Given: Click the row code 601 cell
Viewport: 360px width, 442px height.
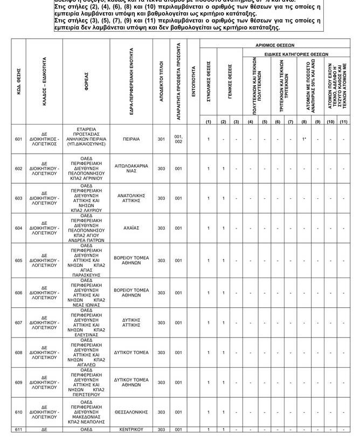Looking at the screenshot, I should click(x=18, y=139).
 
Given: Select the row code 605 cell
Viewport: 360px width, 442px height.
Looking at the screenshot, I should click(x=18, y=260).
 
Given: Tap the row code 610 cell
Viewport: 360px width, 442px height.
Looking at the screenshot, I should click(x=18, y=412).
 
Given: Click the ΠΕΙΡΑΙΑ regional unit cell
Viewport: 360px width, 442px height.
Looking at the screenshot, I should click(x=131, y=139).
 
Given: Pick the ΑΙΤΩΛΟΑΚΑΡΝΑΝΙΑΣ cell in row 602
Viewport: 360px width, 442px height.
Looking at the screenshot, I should click(x=131, y=169).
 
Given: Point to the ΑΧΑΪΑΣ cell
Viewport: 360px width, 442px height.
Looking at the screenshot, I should click(x=131, y=228).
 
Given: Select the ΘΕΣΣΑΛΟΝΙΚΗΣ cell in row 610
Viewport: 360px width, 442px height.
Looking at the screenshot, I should click(x=131, y=412).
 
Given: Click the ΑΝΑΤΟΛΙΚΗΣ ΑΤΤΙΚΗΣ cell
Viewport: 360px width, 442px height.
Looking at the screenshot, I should click(x=131, y=198).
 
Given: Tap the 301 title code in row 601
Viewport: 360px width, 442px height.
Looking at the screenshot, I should click(x=161, y=139).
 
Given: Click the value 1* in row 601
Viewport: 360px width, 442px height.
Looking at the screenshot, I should click(x=304, y=139).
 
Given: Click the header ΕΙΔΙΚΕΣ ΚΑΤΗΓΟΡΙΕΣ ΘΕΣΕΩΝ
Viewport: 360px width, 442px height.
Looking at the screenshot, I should click(x=296, y=54).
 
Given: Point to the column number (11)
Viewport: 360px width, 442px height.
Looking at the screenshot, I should click(x=343, y=122).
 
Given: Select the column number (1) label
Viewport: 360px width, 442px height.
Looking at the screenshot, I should click(x=208, y=122).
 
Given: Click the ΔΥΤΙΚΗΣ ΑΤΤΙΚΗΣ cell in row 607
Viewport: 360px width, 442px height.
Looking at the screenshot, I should click(x=131, y=323).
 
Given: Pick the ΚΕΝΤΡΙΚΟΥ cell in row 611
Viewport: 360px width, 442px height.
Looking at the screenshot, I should click(x=131, y=430).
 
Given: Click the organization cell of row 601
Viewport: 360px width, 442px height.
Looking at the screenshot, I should click(x=87, y=138).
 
